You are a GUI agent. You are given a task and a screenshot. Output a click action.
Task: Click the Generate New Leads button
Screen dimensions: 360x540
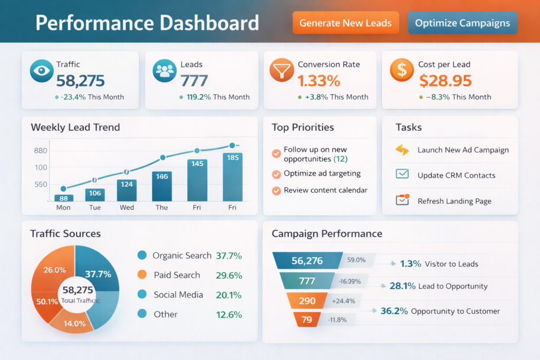click(x=345, y=23)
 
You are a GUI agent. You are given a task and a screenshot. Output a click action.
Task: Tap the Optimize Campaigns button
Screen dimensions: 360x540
click(x=462, y=23)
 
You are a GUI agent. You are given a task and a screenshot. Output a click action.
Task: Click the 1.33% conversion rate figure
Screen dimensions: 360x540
click(x=319, y=81)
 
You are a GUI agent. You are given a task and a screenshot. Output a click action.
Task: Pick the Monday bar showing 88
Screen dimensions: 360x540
click(x=64, y=198)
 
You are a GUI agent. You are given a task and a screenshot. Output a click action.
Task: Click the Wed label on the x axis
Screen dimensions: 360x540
click(x=127, y=208)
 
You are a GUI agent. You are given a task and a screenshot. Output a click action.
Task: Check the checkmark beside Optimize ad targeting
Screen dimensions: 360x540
click(x=276, y=174)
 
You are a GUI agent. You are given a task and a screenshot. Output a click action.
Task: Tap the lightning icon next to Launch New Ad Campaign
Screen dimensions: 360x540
click(x=402, y=150)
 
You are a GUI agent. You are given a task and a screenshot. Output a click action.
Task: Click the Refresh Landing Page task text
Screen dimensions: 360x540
click(x=454, y=201)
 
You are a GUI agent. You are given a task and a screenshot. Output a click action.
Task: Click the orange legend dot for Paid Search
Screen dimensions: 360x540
click(x=141, y=275)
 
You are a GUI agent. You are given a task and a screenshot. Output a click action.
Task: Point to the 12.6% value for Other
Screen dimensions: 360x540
click(x=228, y=315)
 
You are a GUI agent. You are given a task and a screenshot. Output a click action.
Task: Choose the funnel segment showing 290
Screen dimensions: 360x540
click(x=307, y=301)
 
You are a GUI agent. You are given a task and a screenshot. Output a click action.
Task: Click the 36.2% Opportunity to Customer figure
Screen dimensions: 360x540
click(x=394, y=311)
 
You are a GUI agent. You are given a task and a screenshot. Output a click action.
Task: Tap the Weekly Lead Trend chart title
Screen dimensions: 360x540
click(x=75, y=128)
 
